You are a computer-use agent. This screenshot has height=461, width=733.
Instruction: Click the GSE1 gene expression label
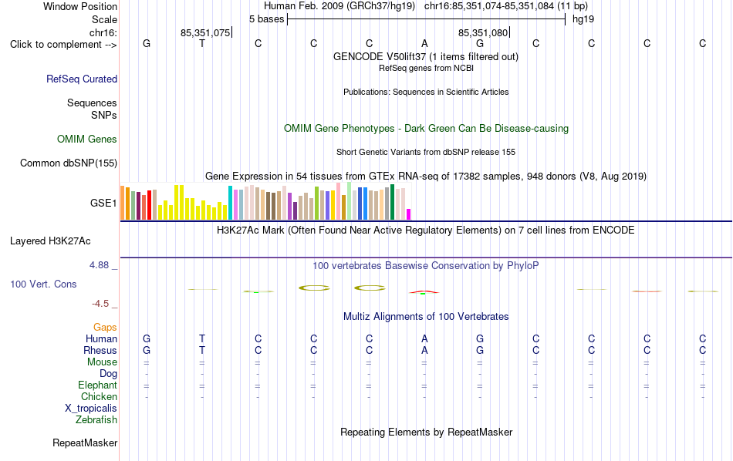[103, 203]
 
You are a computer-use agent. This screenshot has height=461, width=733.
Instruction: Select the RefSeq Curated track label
[82, 79]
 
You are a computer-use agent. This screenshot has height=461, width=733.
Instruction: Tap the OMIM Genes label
[87, 139]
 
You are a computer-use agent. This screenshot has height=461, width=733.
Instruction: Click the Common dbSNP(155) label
[69, 163]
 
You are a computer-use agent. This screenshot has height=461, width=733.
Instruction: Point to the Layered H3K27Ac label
[50, 241]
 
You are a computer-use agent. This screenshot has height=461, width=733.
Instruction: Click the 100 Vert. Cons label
[43, 284]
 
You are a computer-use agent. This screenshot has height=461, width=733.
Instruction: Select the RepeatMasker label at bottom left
[85, 442]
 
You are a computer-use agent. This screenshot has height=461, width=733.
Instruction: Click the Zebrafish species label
[96, 419]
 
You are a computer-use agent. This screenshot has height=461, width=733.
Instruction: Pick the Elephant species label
[98, 385]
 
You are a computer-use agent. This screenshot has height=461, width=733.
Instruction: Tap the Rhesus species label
[100, 350]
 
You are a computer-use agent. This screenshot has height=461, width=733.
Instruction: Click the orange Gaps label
[105, 327]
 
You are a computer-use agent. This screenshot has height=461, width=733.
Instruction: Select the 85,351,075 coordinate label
[205, 32]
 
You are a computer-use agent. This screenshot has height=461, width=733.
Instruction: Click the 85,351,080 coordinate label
[483, 32]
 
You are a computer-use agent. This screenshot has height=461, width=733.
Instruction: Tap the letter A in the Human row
[424, 338]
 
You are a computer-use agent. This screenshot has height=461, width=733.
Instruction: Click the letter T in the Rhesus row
[202, 350]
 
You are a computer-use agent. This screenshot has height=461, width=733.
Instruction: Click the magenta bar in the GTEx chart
[409, 214]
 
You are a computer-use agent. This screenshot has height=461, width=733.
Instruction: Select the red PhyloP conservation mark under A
[424, 292]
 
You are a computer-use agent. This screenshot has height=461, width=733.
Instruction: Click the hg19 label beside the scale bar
[583, 19]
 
